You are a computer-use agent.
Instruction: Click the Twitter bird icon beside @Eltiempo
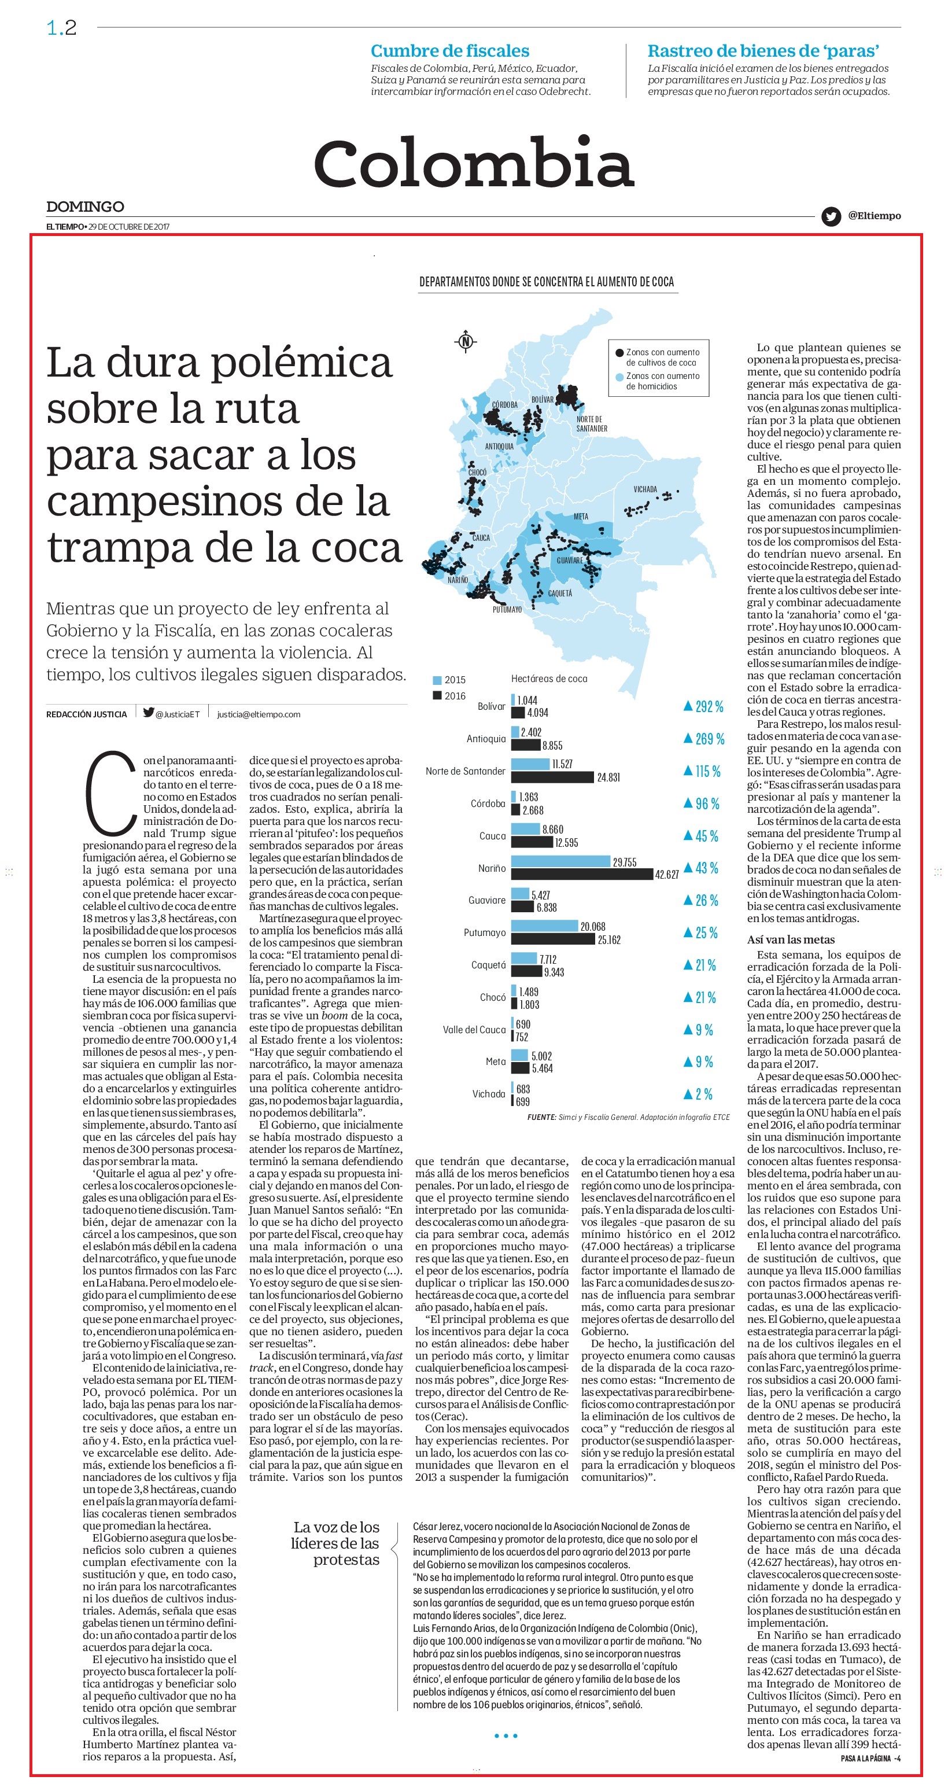[831, 217]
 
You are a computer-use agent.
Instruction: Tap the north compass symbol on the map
[466, 341]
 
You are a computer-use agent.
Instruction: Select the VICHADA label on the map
[645, 489]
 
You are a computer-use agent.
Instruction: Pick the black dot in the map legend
[619, 352]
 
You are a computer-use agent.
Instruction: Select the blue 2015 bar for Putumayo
[544, 926]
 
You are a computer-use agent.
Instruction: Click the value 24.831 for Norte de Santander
[608, 777]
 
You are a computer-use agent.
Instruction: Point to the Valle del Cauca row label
[474, 1030]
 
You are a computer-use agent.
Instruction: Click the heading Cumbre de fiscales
[450, 50]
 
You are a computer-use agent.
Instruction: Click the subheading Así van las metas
[791, 940]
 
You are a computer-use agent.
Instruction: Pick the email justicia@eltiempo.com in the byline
[259, 714]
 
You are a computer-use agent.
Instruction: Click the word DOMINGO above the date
[85, 207]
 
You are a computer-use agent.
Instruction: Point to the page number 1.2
[62, 28]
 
